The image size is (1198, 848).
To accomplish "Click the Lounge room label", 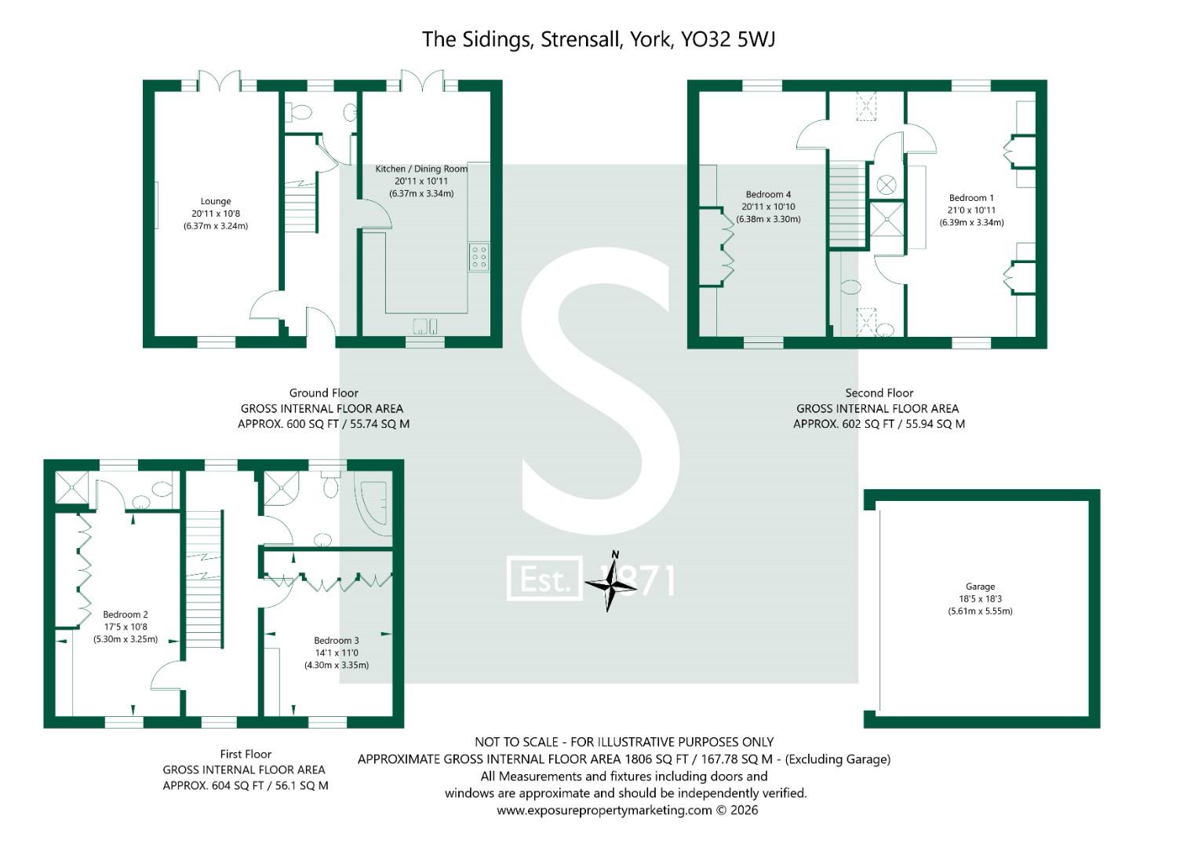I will point(216,202).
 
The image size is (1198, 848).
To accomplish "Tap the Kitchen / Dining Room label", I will point(421,169).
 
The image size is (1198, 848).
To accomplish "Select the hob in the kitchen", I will point(478,258).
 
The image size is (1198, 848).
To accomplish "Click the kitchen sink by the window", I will point(425,325).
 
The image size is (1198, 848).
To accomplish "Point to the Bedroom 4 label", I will point(768,195).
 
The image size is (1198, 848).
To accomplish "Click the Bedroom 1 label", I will point(971,198).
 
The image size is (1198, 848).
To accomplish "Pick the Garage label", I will point(980,587).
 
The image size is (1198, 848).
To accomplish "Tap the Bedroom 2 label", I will point(126,615).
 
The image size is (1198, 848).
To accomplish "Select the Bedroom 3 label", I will point(337,641).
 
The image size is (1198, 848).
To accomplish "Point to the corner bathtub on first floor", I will point(374,506).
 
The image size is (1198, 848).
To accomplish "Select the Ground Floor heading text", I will point(323,393).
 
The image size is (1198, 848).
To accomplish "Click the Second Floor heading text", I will point(879,393).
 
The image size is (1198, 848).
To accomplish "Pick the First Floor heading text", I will point(246,754).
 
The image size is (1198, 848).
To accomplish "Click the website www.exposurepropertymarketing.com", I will point(604,810).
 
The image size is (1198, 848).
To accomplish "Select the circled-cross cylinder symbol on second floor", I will point(886,185).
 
